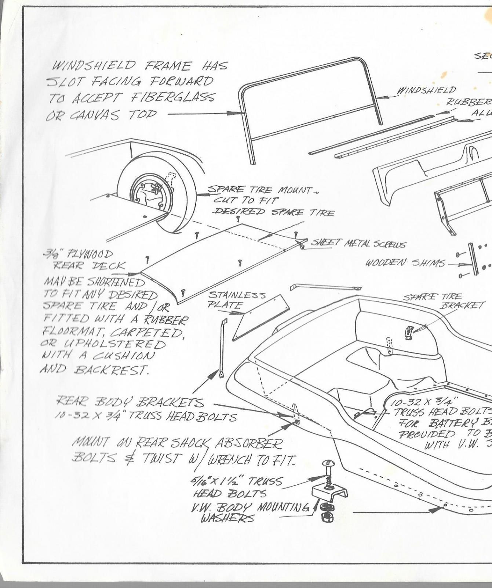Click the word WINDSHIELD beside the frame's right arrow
point(426,90)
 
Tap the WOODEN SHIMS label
point(405,263)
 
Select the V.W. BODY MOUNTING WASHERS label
point(249,513)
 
